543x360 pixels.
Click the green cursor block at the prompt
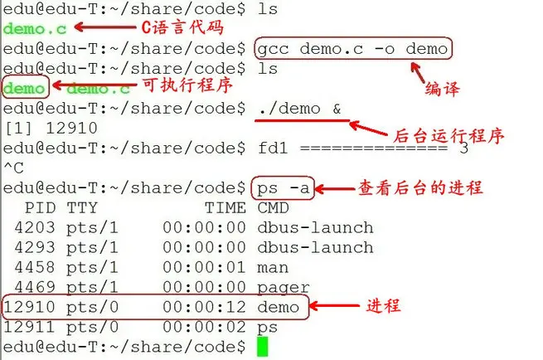[x=263, y=346]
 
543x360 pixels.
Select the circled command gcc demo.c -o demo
[x=353, y=48]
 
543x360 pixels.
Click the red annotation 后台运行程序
[x=447, y=136]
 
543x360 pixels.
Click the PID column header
[x=41, y=207]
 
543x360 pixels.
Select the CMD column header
[x=273, y=207]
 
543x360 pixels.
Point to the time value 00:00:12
[x=203, y=307]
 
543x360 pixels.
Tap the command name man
[x=273, y=267]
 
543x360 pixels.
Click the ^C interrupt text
[x=13, y=168]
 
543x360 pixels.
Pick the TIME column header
[x=225, y=207]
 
